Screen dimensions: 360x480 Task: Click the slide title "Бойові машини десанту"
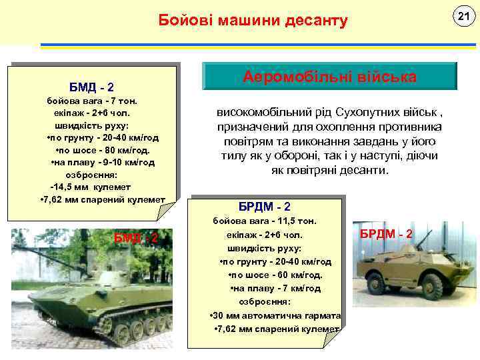coord(253,21)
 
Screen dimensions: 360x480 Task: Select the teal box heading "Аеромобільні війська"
coord(329,77)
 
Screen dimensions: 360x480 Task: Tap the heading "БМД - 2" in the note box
coord(92,87)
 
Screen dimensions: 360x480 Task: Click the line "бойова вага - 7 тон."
coord(92,101)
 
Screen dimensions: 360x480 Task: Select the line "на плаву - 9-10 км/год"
coord(103,162)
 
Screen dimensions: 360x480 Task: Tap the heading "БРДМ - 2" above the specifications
coord(264,206)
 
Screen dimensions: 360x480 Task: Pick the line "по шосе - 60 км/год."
coord(275,275)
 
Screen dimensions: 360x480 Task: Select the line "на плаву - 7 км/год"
coord(275,288)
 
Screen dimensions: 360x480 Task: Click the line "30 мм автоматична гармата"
coord(275,316)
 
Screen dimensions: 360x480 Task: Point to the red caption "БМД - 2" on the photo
coord(136,238)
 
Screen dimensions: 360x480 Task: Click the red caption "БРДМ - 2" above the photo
coord(387,234)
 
